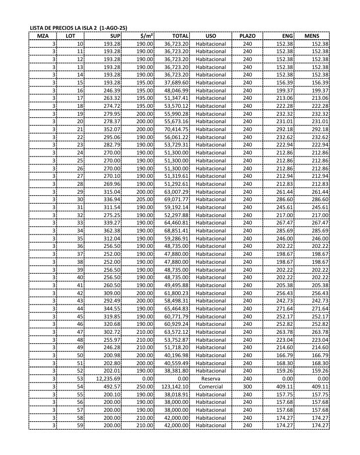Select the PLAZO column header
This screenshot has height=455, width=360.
247,36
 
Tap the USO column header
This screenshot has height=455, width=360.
211,36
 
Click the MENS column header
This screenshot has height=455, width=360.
312,36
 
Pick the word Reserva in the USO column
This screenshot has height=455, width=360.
211,379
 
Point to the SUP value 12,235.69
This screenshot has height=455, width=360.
107,379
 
